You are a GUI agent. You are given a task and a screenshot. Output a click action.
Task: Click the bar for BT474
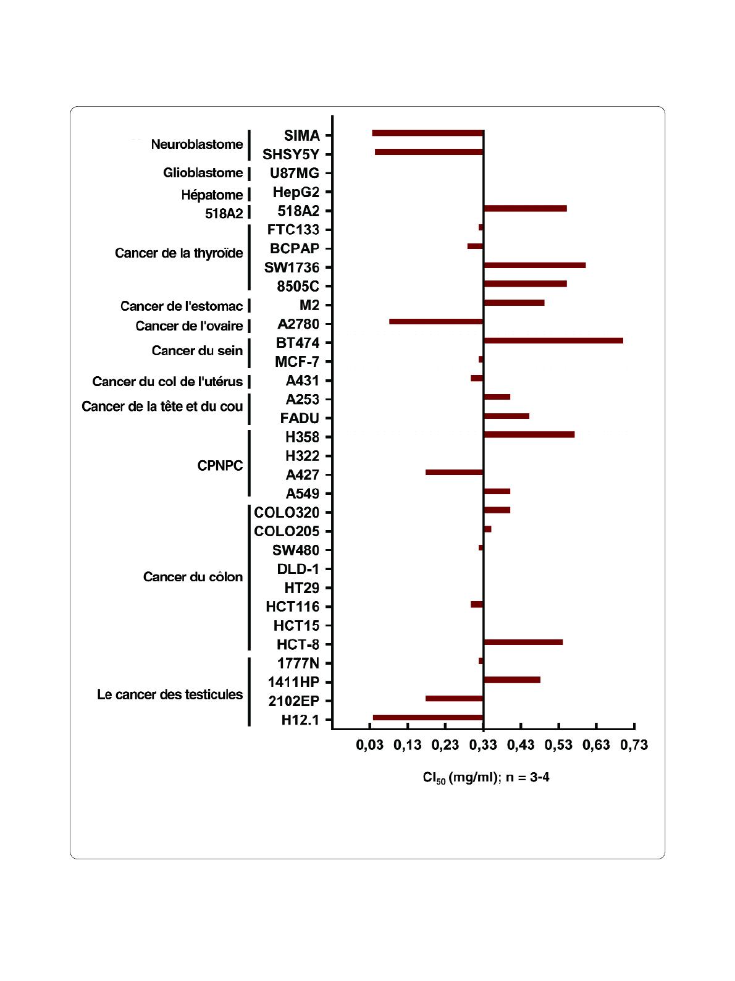pyautogui.click(x=553, y=340)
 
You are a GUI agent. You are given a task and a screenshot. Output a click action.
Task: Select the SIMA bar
pyautogui.click(x=427, y=133)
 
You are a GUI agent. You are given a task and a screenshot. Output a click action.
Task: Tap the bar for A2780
pyautogui.click(x=436, y=321)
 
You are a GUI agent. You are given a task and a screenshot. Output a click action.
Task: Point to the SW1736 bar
pyautogui.click(x=534, y=265)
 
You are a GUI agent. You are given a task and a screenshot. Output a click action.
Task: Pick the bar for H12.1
pyautogui.click(x=427, y=717)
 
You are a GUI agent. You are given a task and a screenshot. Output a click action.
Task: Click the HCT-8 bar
pyautogui.click(x=523, y=642)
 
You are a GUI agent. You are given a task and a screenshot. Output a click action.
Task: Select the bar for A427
pyautogui.click(x=454, y=472)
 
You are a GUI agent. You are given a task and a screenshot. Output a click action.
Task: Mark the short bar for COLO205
pyautogui.click(x=487, y=529)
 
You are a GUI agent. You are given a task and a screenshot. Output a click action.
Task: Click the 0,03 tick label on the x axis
pyautogui.click(x=369, y=745)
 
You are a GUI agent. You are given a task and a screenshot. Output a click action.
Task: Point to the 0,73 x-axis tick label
pyautogui.click(x=634, y=745)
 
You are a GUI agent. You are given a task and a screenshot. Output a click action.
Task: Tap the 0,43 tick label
pyautogui.click(x=521, y=745)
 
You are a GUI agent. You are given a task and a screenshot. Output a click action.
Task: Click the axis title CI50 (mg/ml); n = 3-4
pyautogui.click(x=486, y=777)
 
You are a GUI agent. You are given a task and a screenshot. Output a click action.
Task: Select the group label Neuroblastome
pyautogui.click(x=197, y=145)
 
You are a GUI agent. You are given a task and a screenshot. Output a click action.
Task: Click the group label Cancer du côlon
pyautogui.click(x=193, y=577)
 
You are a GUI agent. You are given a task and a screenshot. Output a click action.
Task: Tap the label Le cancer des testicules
pyautogui.click(x=170, y=694)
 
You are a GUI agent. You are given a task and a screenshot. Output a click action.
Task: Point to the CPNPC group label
pyautogui.click(x=220, y=466)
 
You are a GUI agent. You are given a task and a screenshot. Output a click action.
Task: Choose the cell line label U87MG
pyautogui.click(x=295, y=173)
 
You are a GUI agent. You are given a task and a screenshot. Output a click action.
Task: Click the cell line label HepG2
pyautogui.click(x=296, y=192)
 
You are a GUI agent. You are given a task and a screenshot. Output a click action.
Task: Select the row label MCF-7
pyautogui.click(x=297, y=362)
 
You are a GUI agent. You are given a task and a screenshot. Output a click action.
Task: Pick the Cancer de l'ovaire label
pyautogui.click(x=189, y=326)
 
